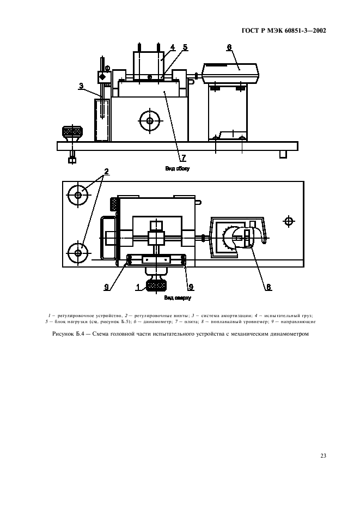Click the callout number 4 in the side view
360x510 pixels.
pyautogui.click(x=173, y=47)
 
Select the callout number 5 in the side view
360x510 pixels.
pyautogui.click(x=185, y=47)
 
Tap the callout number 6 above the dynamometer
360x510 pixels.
pyautogui.click(x=229, y=47)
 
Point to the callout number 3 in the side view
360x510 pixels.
pyautogui.click(x=81, y=86)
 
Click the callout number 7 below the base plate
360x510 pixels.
pyautogui.click(x=184, y=158)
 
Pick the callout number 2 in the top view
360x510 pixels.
pyautogui.click(x=106, y=172)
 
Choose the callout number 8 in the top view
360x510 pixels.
pyautogui.click(x=269, y=287)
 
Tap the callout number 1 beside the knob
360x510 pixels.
pyautogui.click(x=138, y=287)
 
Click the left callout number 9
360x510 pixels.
pyautogui.click(x=106, y=287)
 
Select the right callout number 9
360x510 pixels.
pyautogui.click(x=191, y=287)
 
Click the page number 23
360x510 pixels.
pyautogui.click(x=324, y=456)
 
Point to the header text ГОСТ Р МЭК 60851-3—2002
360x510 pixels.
pyautogui.click(x=284, y=31)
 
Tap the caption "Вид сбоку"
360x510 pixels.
pyautogui.click(x=177, y=168)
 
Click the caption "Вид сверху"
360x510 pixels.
pyautogui.click(x=178, y=297)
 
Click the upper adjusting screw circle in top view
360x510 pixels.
pyautogui.click(x=78, y=195)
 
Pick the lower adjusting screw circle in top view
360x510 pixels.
pyautogui.click(x=78, y=252)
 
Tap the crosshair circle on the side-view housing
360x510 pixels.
pyautogui.click(x=150, y=120)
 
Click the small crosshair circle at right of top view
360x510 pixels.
pyautogui.click(x=289, y=222)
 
